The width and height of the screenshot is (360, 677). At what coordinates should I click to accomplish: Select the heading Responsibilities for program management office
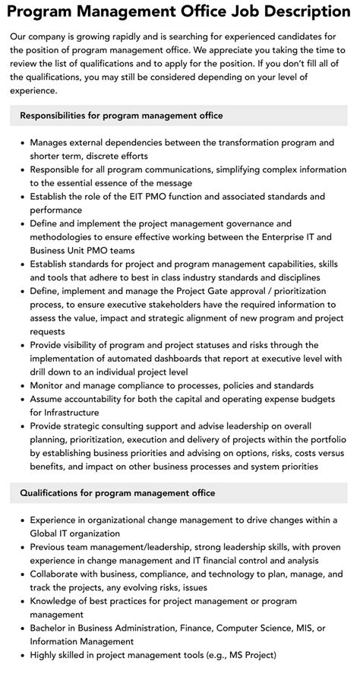[122, 115]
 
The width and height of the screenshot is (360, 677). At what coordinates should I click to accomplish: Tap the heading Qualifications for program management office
[118, 493]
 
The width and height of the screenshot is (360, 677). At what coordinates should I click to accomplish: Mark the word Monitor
[49, 385]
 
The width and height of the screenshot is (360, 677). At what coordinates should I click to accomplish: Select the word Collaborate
[58, 574]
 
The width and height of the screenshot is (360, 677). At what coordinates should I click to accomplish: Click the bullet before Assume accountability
[22, 399]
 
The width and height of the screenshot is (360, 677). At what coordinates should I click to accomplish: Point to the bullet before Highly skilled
[22, 655]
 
